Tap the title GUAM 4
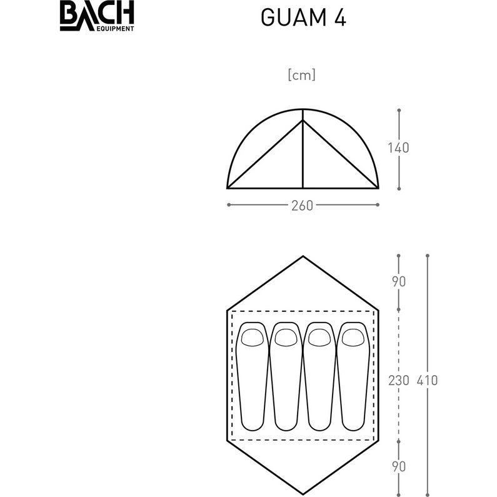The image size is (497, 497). click(x=303, y=17)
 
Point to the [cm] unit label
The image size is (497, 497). click(x=302, y=75)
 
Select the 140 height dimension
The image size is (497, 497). click(x=398, y=148)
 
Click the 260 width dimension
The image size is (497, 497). click(x=302, y=206)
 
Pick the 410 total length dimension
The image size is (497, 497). click(x=427, y=380)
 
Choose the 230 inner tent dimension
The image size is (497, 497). click(x=399, y=380)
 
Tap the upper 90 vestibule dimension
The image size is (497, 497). click(x=399, y=281)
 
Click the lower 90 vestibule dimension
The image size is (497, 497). click(x=399, y=466)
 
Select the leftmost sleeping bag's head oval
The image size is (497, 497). click(x=253, y=338)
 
